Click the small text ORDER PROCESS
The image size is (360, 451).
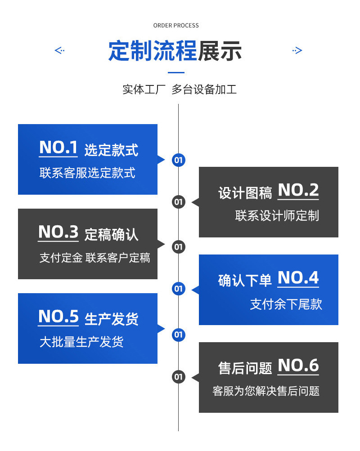pos(175,26)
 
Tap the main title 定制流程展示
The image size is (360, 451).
pos(175,51)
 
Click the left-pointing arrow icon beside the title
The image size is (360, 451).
pos(59,50)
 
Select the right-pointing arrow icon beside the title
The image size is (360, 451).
pos(297,50)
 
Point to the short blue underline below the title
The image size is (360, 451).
pos(176,72)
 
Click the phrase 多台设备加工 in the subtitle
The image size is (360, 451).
pos(204,89)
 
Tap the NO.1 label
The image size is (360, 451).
pos(58,148)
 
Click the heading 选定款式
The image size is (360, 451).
pos(111,150)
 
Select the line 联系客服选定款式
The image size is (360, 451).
pos(87,173)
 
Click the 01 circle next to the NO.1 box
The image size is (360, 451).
pos(179,160)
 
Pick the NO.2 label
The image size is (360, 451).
pos(298,191)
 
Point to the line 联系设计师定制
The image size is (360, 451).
pos(277,216)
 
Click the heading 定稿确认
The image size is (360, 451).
pos(111,234)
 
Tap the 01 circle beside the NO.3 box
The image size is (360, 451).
pos(179,246)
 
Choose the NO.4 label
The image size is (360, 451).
pos(298,278)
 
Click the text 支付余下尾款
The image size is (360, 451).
pos(286,304)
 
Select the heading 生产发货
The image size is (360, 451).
pos(111,319)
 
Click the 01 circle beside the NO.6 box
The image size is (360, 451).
pos(179,377)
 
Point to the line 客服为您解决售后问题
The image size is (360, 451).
pos(266,391)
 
